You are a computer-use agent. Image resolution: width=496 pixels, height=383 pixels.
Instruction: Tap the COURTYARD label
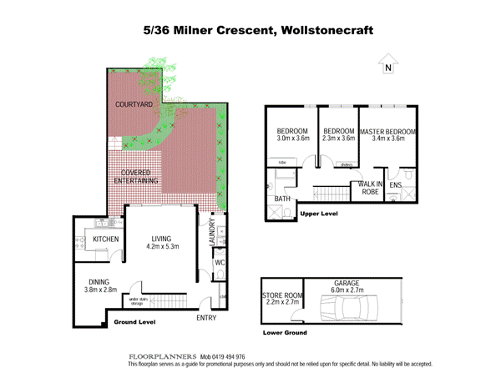click(134, 105)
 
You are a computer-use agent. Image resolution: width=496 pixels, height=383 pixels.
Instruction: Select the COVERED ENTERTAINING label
click(134, 176)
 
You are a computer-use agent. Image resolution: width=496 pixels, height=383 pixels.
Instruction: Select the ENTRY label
click(207, 319)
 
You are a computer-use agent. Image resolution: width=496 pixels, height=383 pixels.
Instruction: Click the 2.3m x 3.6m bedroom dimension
click(339, 139)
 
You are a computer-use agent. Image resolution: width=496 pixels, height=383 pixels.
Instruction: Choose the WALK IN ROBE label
click(370, 187)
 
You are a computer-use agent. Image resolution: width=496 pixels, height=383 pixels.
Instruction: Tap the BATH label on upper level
click(281, 199)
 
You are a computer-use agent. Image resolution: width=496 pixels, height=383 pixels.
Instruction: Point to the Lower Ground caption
click(284, 332)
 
